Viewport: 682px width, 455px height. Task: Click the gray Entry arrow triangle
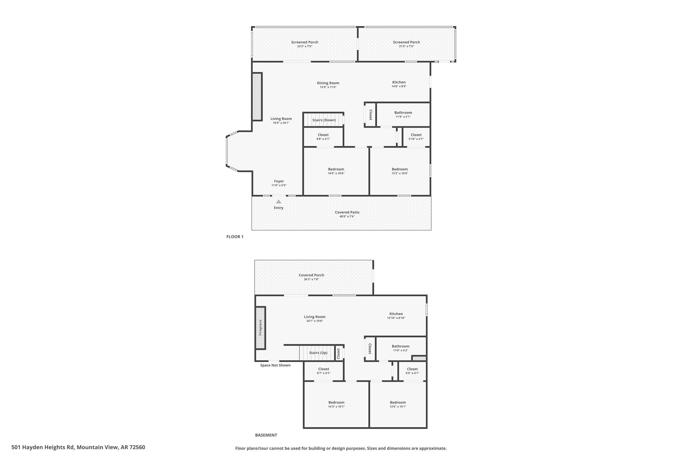tap(278, 202)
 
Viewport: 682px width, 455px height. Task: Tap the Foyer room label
tap(279, 181)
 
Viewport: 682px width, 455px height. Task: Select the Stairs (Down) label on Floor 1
tap(324, 120)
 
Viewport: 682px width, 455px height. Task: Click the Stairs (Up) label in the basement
tap(318, 353)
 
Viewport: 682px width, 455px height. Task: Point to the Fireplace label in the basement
tap(260, 328)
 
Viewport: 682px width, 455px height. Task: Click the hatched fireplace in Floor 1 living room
tap(257, 96)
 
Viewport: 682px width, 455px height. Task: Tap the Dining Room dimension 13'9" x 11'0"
tap(328, 87)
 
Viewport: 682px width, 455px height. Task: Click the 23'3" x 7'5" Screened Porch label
tap(304, 42)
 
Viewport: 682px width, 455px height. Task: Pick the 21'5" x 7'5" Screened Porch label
tap(406, 42)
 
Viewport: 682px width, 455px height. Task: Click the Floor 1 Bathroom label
tap(403, 113)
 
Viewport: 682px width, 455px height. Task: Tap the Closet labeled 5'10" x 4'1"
tap(416, 135)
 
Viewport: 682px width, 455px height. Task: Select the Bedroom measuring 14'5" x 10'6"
tap(336, 169)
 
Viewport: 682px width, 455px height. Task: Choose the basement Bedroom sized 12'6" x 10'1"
tap(398, 403)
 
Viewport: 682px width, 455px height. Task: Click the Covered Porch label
tap(311, 275)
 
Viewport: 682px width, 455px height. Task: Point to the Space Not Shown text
tap(275, 365)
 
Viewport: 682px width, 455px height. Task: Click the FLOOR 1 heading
tap(235, 237)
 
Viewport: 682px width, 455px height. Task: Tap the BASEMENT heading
tap(266, 435)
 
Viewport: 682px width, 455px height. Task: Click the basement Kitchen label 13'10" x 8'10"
tap(396, 314)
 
